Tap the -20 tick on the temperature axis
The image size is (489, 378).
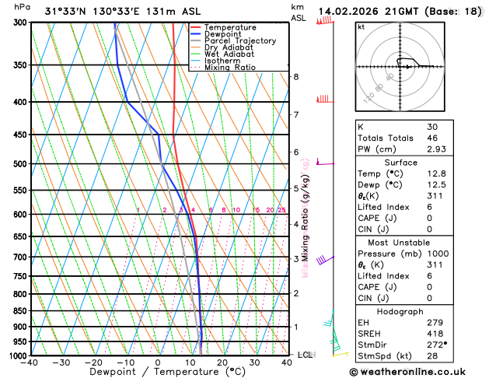[93, 362]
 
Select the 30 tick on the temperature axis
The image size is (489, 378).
[254, 362]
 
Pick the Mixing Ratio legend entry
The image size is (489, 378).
[230, 67]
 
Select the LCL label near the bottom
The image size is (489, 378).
[306, 355]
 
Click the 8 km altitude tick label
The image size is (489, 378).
[295, 76]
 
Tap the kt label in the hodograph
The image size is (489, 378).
[361, 27]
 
